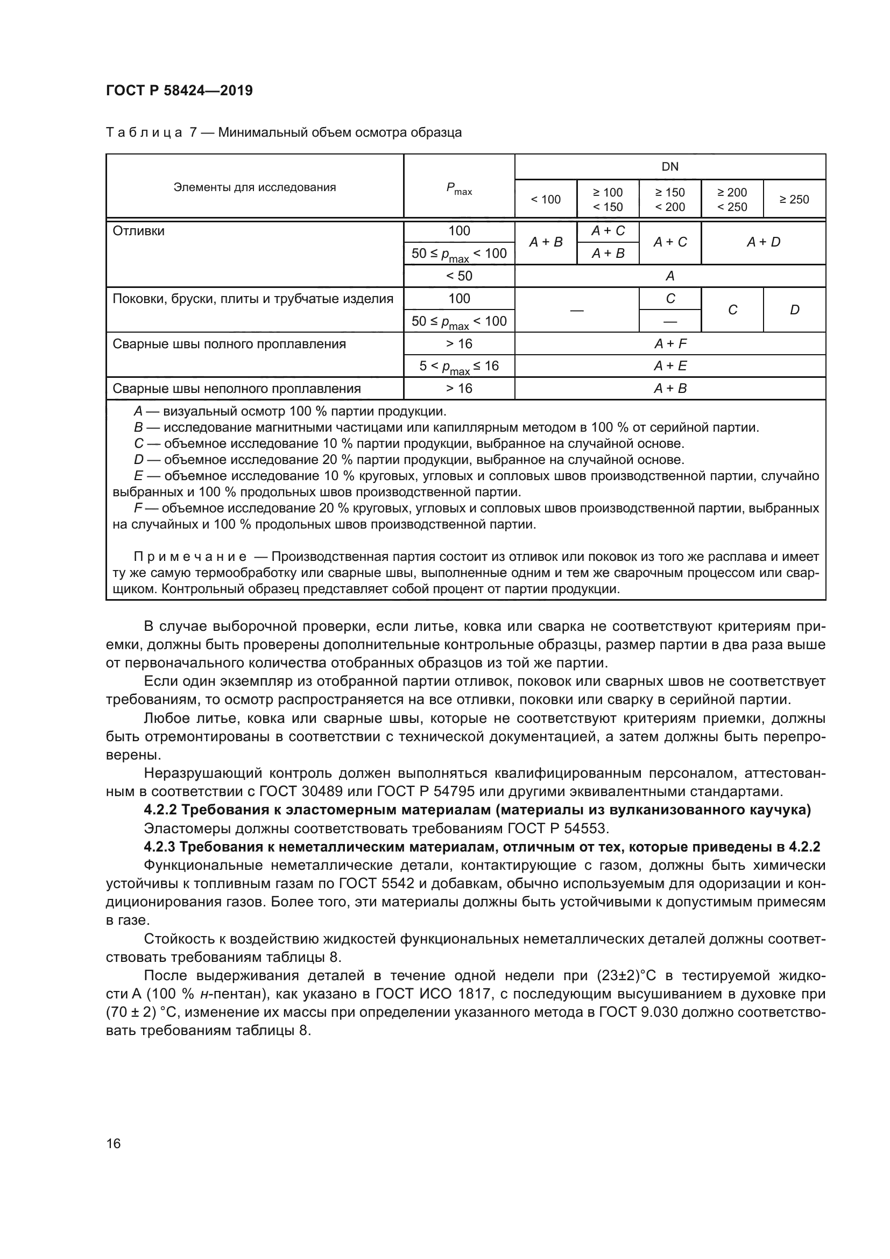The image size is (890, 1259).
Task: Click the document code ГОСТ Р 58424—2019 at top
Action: [179, 90]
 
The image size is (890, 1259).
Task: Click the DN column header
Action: [670, 167]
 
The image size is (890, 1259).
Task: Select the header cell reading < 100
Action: [545, 200]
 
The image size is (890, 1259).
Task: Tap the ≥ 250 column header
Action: [794, 200]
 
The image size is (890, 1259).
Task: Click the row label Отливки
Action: [139, 231]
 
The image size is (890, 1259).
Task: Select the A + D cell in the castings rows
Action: [763, 242]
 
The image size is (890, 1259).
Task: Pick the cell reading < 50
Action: [458, 276]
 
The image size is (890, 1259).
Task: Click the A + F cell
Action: [670, 344]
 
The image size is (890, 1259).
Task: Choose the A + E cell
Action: [670, 365]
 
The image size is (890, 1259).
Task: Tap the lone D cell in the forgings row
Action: [794, 310]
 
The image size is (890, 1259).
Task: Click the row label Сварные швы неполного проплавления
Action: [237, 389]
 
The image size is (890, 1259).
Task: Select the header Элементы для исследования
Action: [255, 187]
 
